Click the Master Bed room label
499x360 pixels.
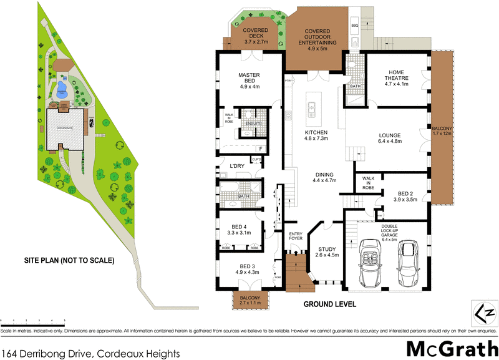pyautogui.click(x=248, y=80)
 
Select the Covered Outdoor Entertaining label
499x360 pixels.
pyautogui.click(x=321, y=37)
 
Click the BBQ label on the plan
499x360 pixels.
pyautogui.click(x=355, y=26)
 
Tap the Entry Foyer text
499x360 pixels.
pyautogui.click(x=296, y=236)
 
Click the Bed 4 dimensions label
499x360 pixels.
pyautogui.click(x=239, y=232)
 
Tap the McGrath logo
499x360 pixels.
pyautogui.click(x=448, y=348)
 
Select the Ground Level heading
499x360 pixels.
pyautogui.click(x=330, y=304)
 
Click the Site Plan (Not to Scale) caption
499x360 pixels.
pyautogui.click(x=69, y=261)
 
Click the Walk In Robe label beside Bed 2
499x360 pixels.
pyautogui.click(x=368, y=183)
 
